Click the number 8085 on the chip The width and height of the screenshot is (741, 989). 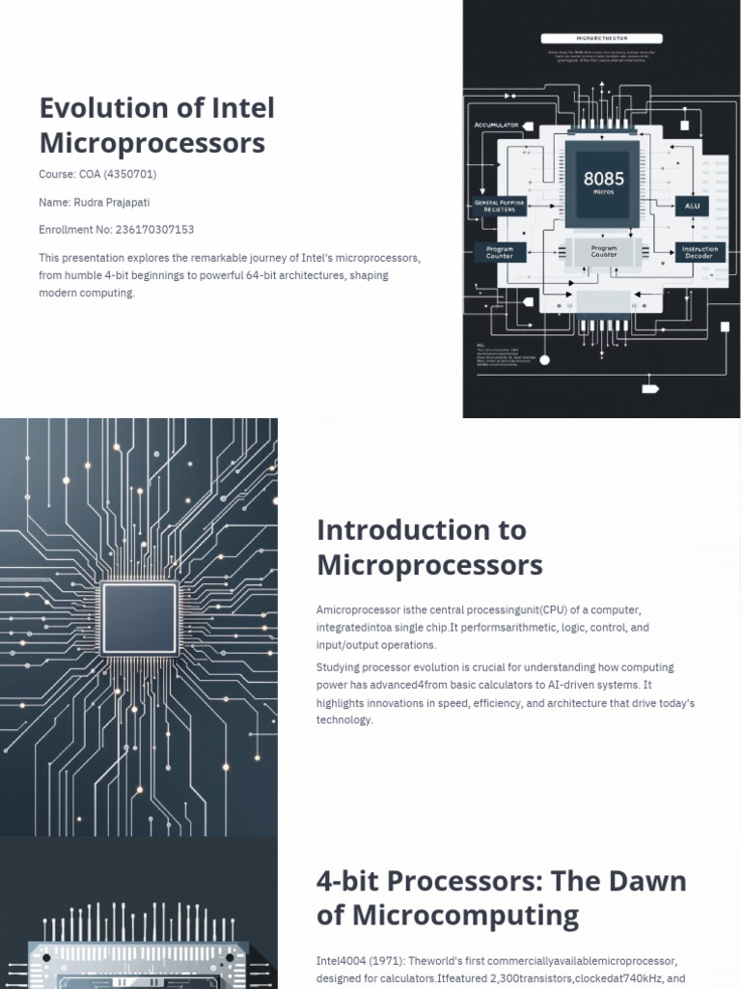coord(604,179)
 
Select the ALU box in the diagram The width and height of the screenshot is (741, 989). coord(692,206)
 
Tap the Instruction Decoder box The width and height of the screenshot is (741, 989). coord(700,252)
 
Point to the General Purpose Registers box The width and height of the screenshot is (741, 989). coord(500,206)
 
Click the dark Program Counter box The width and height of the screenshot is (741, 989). coord(500,252)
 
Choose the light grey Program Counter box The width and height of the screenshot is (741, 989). coord(604,252)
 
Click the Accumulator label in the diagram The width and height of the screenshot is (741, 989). coord(497,126)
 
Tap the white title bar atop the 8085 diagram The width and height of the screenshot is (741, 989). coord(600,38)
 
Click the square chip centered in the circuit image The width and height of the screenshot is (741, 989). coord(140,619)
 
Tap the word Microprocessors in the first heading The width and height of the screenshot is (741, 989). coord(151,143)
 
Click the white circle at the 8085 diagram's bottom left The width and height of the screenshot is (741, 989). coord(544,360)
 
